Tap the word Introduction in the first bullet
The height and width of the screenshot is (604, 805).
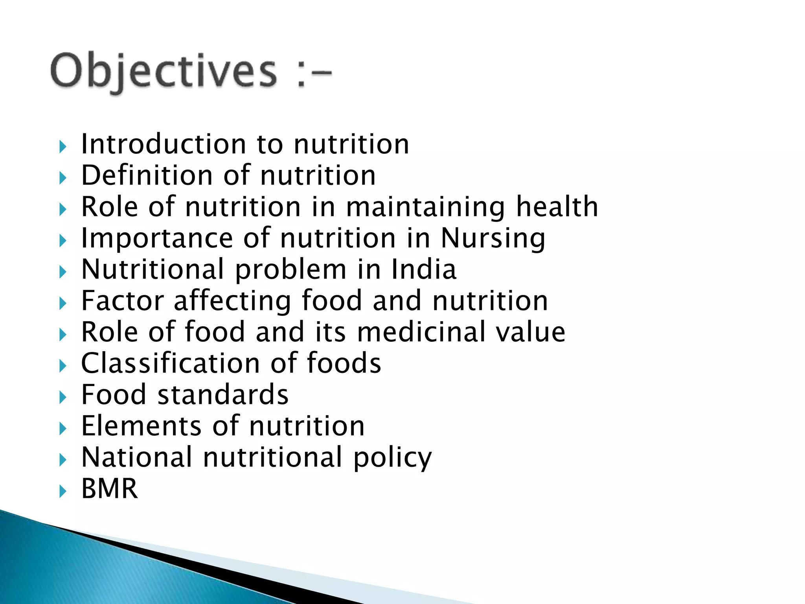pos(164,144)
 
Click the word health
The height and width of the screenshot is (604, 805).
pos(557,207)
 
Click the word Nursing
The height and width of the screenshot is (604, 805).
pos(493,239)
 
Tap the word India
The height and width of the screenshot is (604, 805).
pos(423,270)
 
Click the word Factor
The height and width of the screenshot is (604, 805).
pos(122,301)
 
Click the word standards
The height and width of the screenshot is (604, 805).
pos(223,395)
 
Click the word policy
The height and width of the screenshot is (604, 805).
pos(392,459)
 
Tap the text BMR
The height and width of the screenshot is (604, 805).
pos(110,489)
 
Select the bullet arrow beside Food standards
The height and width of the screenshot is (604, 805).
pos(62,397)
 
